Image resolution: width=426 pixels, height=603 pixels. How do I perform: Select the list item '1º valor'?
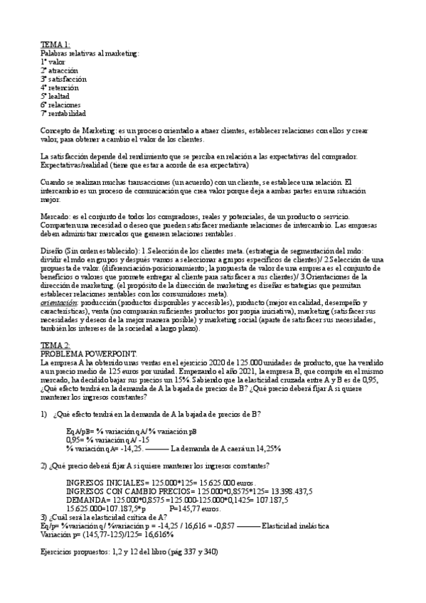[53, 62]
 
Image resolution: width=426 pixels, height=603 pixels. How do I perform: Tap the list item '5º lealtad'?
[55, 96]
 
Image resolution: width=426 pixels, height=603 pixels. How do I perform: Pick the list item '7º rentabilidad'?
[63, 113]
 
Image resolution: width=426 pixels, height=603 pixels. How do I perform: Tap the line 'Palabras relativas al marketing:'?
[90, 53]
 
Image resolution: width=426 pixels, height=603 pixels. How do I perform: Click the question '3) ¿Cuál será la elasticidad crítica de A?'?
[104, 516]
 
